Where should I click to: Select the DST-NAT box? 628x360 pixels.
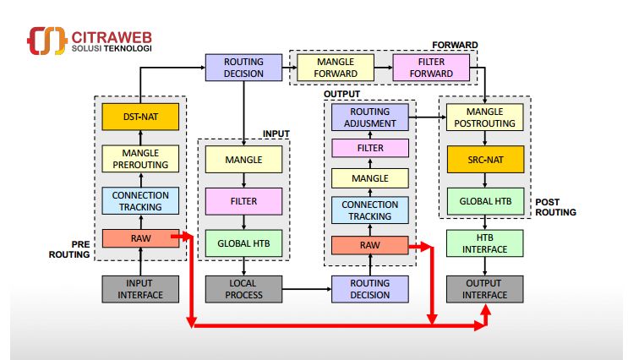[x=140, y=117]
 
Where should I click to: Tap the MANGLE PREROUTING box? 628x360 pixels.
[x=140, y=158]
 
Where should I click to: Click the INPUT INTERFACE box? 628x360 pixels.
[x=140, y=289]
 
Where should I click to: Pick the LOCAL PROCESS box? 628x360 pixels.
[x=243, y=289]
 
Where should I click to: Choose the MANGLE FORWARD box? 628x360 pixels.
[x=336, y=68]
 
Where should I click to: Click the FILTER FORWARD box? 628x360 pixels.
[x=431, y=68]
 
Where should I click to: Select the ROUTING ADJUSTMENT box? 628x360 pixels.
[x=370, y=117]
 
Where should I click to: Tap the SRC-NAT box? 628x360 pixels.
[x=485, y=158]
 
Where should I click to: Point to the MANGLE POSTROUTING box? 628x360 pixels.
[x=485, y=117]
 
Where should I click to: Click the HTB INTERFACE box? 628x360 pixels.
[x=485, y=243]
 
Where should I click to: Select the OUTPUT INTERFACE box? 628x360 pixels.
[x=485, y=289]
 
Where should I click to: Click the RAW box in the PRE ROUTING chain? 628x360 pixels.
[x=140, y=238]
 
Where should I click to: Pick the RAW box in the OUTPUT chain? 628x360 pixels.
[x=370, y=245]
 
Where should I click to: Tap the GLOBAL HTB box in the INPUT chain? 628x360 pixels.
[x=243, y=243]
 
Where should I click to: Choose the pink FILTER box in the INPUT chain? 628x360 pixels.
[x=243, y=201]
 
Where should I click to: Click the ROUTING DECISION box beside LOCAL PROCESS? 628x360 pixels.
[x=370, y=289]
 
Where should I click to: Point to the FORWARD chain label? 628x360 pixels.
[x=455, y=45]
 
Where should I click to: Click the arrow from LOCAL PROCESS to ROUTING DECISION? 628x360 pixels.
[x=306, y=289]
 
